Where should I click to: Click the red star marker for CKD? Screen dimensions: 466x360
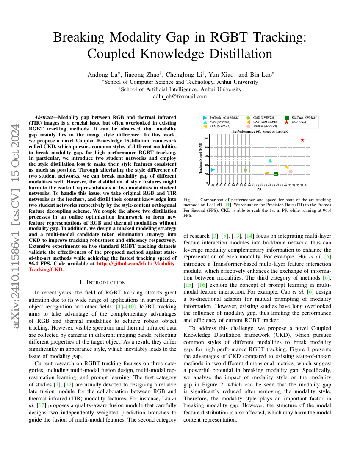tap(302, 140)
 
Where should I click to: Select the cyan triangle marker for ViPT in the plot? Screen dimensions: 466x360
tap(270, 161)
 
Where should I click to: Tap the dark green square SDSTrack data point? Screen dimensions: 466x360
tap(276, 174)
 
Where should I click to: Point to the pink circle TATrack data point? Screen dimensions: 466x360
tap(291, 171)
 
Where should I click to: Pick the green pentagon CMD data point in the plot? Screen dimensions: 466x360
tap(246, 169)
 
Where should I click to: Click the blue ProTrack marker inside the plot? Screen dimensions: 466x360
tap(213, 169)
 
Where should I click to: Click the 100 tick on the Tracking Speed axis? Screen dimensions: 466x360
tap(205, 139)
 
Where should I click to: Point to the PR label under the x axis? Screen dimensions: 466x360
tap(259, 189)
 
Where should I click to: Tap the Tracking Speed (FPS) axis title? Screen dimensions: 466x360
tap(201, 159)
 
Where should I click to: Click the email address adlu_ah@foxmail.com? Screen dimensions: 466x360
tap(180, 96)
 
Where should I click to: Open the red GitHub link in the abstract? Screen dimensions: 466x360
tap(136, 263)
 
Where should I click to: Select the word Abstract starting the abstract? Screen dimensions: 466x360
tap(44, 116)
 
